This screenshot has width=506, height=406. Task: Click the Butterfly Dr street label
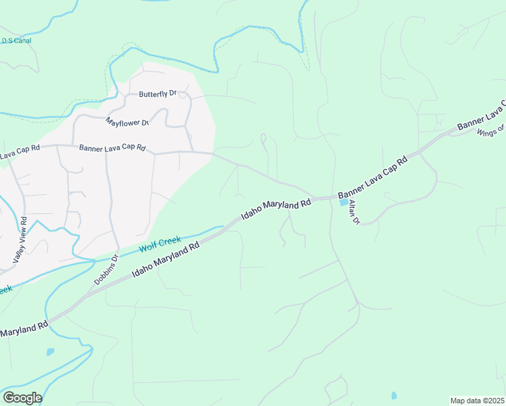point(158,94)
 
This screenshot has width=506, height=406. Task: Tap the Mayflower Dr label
point(127,122)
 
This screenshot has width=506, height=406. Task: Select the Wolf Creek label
point(160,244)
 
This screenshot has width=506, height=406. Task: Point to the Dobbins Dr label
point(106,269)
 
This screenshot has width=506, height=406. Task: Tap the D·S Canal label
point(16,41)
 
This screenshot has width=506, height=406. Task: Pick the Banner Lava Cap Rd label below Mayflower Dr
point(112,148)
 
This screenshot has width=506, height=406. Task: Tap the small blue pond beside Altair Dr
point(344,202)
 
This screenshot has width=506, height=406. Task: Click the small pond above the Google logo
point(50,352)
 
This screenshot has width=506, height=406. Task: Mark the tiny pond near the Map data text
point(394,395)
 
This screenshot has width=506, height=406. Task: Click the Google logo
point(22,398)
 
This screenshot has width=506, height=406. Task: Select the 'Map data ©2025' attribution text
point(477,401)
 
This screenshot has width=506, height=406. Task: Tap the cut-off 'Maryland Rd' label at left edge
point(24,331)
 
